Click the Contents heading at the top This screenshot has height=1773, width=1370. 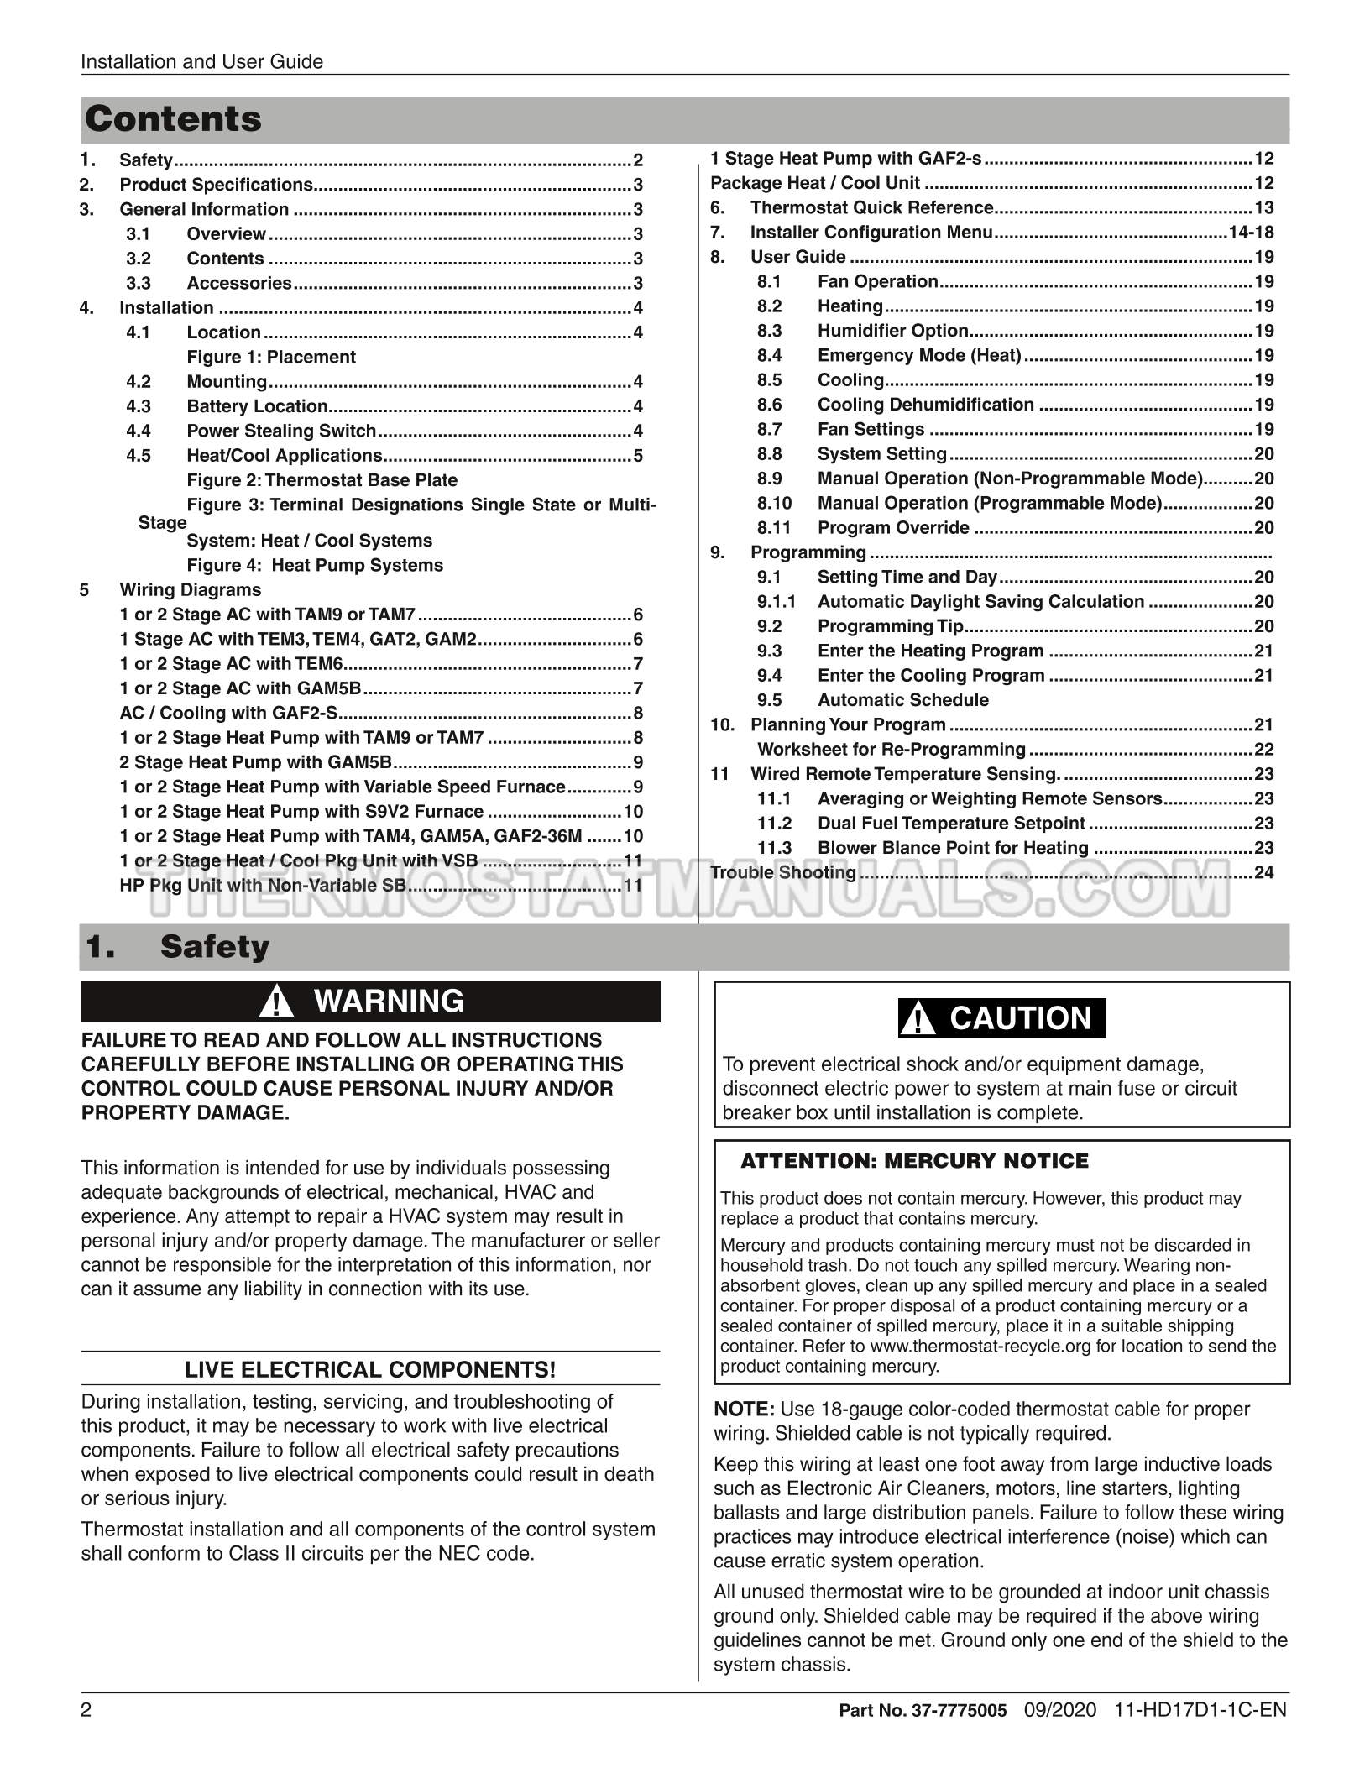[x=173, y=119]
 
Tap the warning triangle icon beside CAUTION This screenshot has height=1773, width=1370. [x=922, y=1020]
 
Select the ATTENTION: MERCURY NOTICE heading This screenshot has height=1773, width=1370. [x=914, y=1162]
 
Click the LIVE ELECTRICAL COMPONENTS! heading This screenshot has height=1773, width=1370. [x=370, y=1371]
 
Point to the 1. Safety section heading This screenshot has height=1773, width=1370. [x=177, y=947]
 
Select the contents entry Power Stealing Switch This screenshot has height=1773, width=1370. [x=281, y=431]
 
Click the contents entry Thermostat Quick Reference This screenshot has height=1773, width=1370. [x=871, y=208]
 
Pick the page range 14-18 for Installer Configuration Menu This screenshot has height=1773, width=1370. [x=1251, y=233]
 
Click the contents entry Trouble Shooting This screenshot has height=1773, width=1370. [x=783, y=873]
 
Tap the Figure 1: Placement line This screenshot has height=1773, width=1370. [x=271, y=358]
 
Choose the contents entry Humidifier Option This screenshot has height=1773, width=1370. [x=893, y=332]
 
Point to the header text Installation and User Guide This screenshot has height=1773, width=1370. [x=201, y=61]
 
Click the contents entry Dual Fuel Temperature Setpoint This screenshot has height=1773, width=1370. [x=951, y=824]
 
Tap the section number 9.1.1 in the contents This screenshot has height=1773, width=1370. [x=776, y=602]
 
